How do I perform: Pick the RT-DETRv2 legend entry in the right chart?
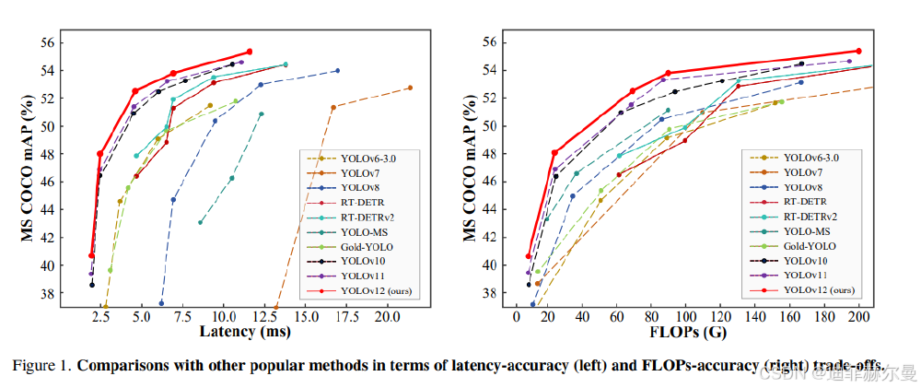click(x=810, y=216)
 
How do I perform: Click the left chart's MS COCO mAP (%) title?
click(x=29, y=167)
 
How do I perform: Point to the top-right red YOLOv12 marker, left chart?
click(x=250, y=52)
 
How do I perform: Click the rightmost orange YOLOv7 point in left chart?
click(x=410, y=88)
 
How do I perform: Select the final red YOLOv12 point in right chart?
click(x=858, y=51)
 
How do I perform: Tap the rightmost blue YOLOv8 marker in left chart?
click(x=337, y=71)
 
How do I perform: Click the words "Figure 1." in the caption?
click(x=40, y=365)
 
